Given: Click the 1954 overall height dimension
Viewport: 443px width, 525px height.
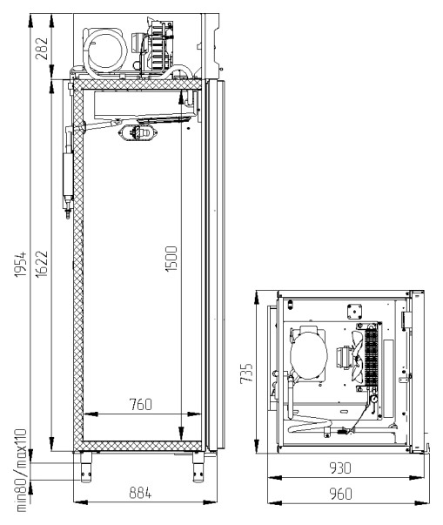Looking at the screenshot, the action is pyautogui.click(x=21, y=264).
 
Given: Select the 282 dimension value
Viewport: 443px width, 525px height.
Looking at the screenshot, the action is pyautogui.click(x=42, y=49).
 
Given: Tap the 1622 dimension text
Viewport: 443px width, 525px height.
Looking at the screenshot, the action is pyautogui.click(x=42, y=264).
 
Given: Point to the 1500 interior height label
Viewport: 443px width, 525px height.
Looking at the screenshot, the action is pyautogui.click(x=171, y=259).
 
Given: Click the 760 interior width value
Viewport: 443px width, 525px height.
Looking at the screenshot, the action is pyautogui.click(x=140, y=405).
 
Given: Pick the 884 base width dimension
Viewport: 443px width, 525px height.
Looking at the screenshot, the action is pyautogui.click(x=140, y=493).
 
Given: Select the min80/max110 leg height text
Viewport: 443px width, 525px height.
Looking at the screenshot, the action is pyautogui.click(x=21, y=470).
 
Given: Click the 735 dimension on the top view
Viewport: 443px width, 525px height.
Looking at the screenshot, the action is pyautogui.click(x=246, y=373).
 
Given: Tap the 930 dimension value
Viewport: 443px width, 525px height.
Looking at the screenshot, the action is pyautogui.click(x=340, y=468).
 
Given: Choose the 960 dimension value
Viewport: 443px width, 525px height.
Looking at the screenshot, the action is pyautogui.click(x=340, y=494).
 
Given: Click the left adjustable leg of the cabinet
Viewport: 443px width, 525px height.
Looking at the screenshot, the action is pyautogui.click(x=86, y=468).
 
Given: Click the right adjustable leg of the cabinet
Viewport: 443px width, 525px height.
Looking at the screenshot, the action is pyautogui.click(x=198, y=468).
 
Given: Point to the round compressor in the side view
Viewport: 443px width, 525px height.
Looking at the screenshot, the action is pyautogui.click(x=105, y=50).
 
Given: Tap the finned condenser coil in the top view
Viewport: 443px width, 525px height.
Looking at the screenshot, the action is pyautogui.click(x=371, y=357).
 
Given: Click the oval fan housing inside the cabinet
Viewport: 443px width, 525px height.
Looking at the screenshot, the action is pyautogui.click(x=138, y=132).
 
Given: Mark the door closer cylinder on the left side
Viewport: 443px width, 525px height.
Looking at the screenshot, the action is pyautogui.click(x=68, y=174).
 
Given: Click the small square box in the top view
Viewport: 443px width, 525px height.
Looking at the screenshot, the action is pyautogui.click(x=354, y=312).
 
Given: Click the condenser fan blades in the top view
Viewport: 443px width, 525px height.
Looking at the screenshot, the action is pyautogui.click(x=357, y=357).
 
